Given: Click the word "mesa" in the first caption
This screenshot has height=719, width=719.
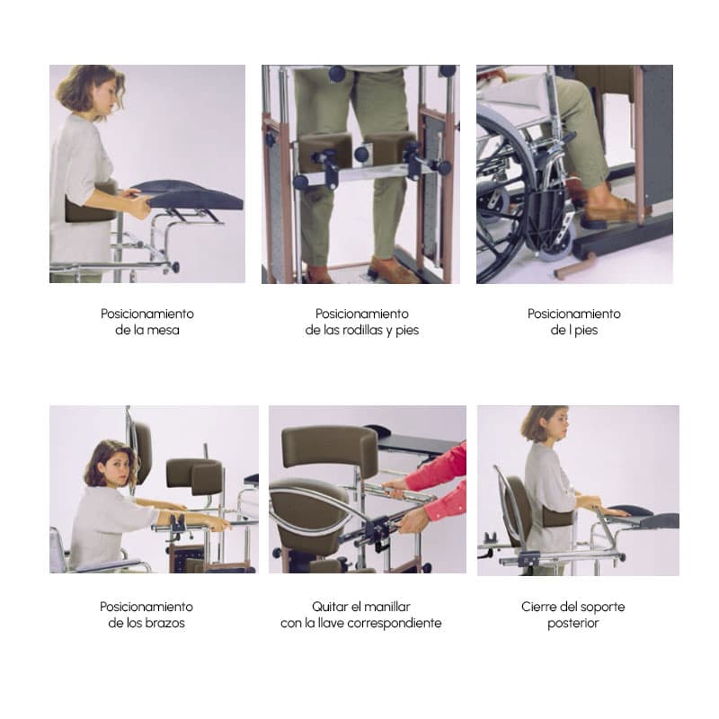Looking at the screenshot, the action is [164, 330].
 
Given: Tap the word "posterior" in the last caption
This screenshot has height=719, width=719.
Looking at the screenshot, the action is [573, 624].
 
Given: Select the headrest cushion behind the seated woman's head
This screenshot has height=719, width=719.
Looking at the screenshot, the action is [142, 452].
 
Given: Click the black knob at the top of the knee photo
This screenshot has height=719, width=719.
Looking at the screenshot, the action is [337, 74].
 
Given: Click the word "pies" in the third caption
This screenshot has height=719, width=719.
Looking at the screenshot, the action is [587, 330].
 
